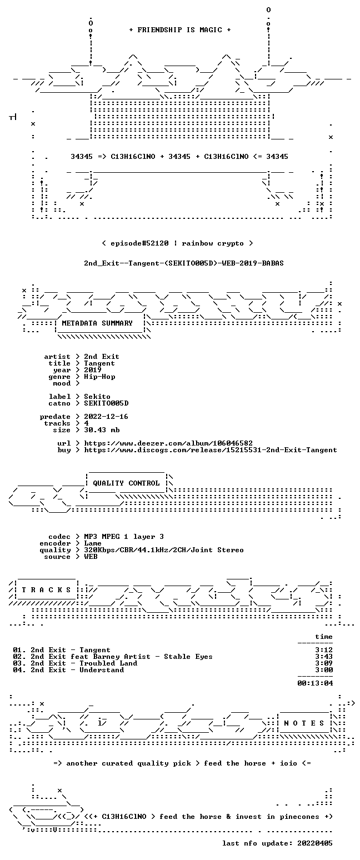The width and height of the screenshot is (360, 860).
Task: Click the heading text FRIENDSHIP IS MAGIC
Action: tap(180, 30)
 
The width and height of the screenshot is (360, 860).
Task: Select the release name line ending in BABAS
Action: tap(184, 263)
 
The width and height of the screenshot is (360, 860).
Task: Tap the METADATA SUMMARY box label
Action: tap(97, 323)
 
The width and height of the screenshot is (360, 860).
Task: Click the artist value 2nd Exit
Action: tap(102, 357)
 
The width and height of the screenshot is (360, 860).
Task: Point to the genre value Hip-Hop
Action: tap(99, 377)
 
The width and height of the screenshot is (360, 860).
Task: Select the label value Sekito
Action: tap(97, 397)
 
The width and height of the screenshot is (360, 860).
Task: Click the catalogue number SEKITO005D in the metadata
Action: tap(106, 403)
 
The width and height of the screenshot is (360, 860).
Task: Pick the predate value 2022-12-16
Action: tap(106, 417)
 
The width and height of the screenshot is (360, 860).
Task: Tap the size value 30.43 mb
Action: tap(102, 430)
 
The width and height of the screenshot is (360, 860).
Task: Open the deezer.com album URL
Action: tap(168, 443)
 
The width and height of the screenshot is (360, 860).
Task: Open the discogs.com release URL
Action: tap(211, 450)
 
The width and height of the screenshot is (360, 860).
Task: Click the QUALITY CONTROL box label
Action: tap(126, 483)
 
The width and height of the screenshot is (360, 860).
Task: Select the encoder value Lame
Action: tap(93, 543)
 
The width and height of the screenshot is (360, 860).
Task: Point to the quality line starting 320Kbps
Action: tap(164, 550)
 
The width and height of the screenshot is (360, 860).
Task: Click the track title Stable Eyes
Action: tap(188, 657)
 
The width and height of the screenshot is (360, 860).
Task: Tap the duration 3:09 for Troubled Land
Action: tap(324, 663)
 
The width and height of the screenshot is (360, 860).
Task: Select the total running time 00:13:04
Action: tap(315, 683)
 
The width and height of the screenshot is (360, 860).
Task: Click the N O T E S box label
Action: tap(304, 723)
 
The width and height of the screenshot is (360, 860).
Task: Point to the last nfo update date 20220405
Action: tap(314, 843)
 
